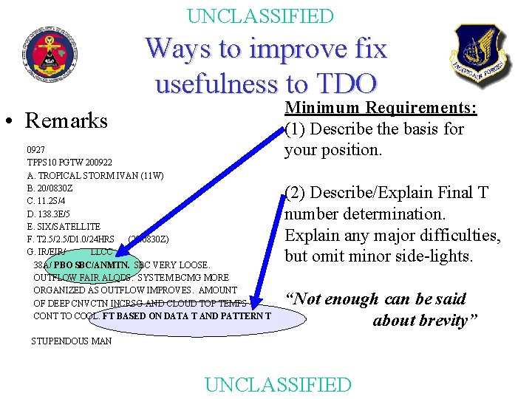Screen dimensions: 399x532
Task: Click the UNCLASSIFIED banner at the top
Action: tap(261, 16)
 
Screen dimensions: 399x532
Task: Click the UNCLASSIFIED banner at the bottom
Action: tap(277, 384)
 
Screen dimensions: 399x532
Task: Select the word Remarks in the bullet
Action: tap(66, 120)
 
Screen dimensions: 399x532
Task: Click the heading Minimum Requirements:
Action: tap(381, 109)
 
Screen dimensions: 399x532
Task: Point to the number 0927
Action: tap(36, 149)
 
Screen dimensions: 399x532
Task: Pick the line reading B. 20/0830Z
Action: tap(50, 188)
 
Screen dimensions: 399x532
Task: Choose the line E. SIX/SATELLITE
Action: tap(64, 226)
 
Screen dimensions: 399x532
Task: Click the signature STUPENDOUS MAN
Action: tap(72, 341)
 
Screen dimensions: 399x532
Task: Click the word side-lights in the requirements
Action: tap(436, 256)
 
